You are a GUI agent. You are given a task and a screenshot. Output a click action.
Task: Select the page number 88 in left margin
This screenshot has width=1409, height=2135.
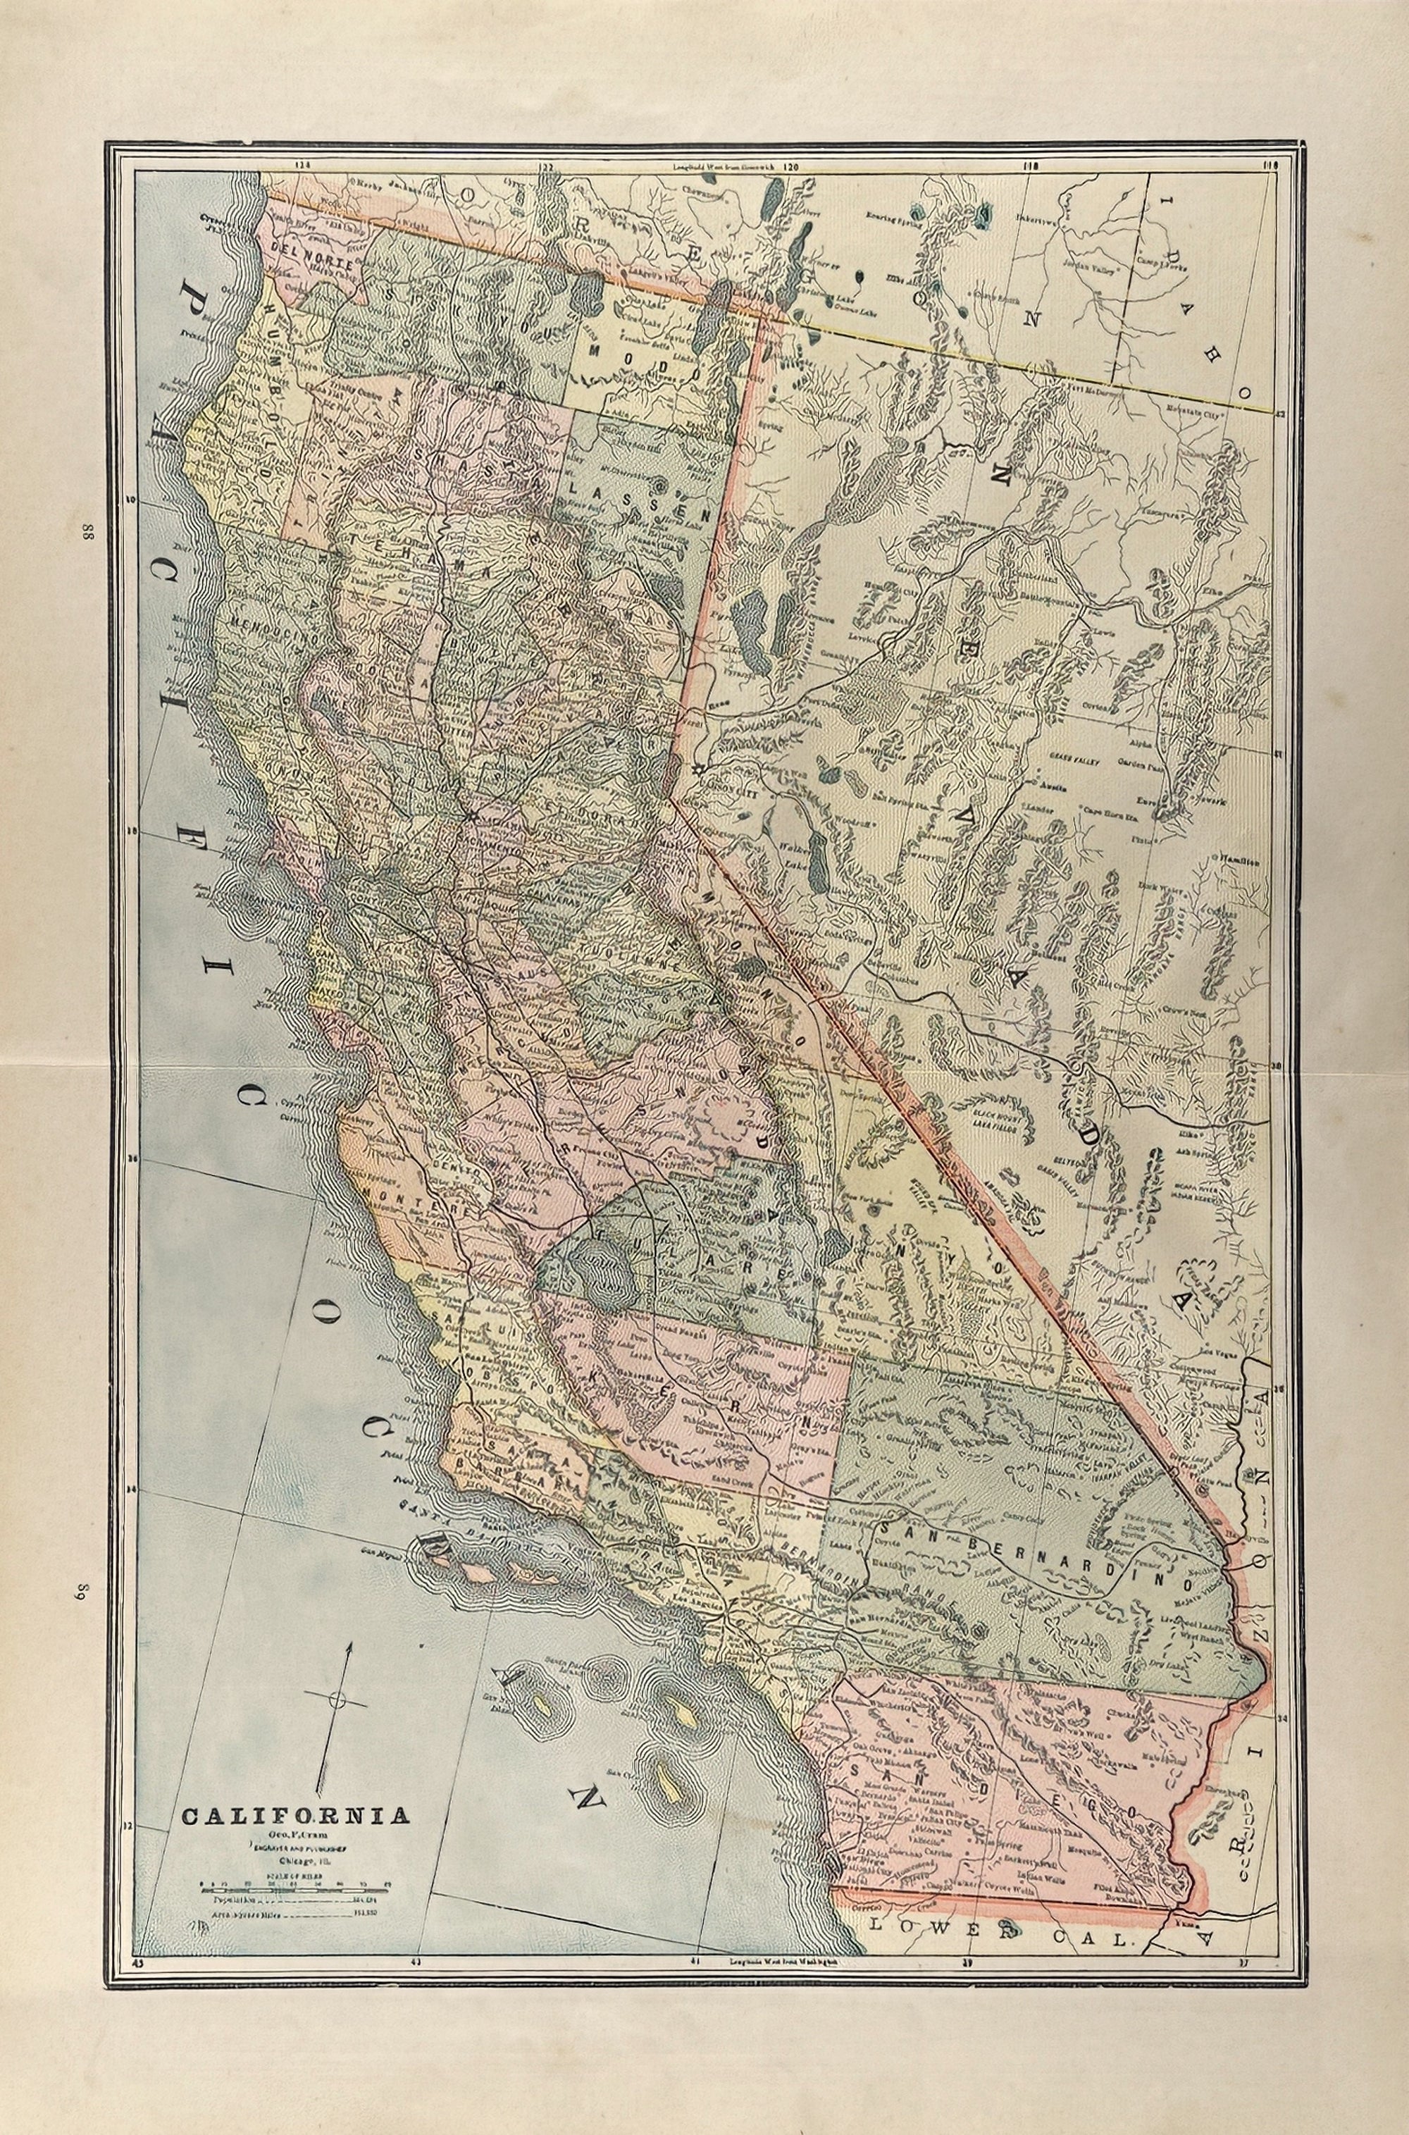click(88, 532)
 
